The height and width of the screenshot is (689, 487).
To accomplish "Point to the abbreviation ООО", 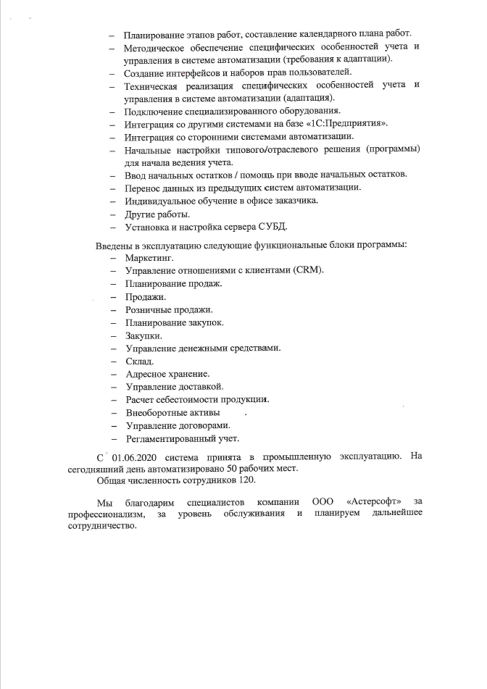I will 323,502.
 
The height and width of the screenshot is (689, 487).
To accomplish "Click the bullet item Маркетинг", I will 149,257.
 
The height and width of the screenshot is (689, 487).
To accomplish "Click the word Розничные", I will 149,309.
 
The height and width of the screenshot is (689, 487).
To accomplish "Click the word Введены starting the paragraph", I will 115,244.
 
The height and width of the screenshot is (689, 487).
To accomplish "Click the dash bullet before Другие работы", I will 113,215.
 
